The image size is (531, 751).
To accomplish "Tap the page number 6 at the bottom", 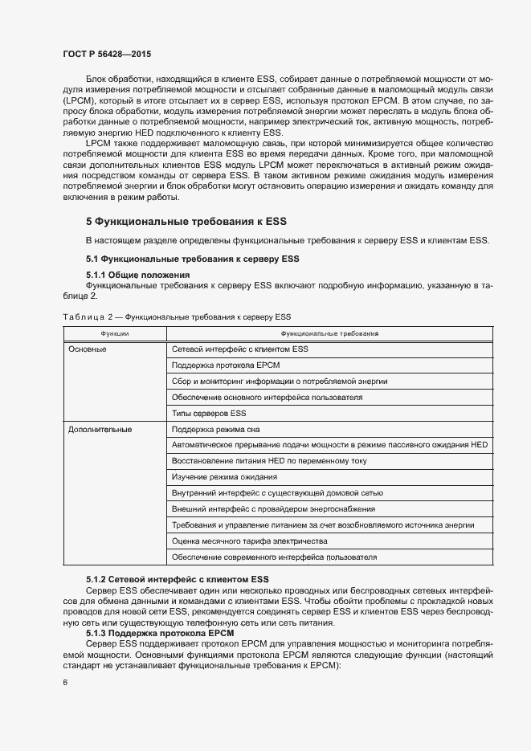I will pyautogui.click(x=65, y=682).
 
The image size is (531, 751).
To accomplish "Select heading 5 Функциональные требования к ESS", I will pyautogui.click(x=186, y=221).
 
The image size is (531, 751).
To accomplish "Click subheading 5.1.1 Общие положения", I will pyautogui.click(x=137, y=275).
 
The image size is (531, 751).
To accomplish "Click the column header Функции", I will pyautogui.click(x=114, y=333).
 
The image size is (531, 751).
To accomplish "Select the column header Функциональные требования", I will pyautogui.click(x=329, y=333).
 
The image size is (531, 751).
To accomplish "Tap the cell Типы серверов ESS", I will pyautogui.click(x=209, y=413).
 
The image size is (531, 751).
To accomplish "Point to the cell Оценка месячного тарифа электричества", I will pyautogui.click(x=250, y=541).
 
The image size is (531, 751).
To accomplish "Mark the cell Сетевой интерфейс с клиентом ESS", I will pyautogui.click(x=240, y=349).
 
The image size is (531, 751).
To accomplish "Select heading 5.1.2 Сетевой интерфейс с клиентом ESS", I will pyautogui.click(x=178, y=579).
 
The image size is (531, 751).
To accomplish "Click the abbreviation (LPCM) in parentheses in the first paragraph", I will pyautogui.click(x=77, y=100).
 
